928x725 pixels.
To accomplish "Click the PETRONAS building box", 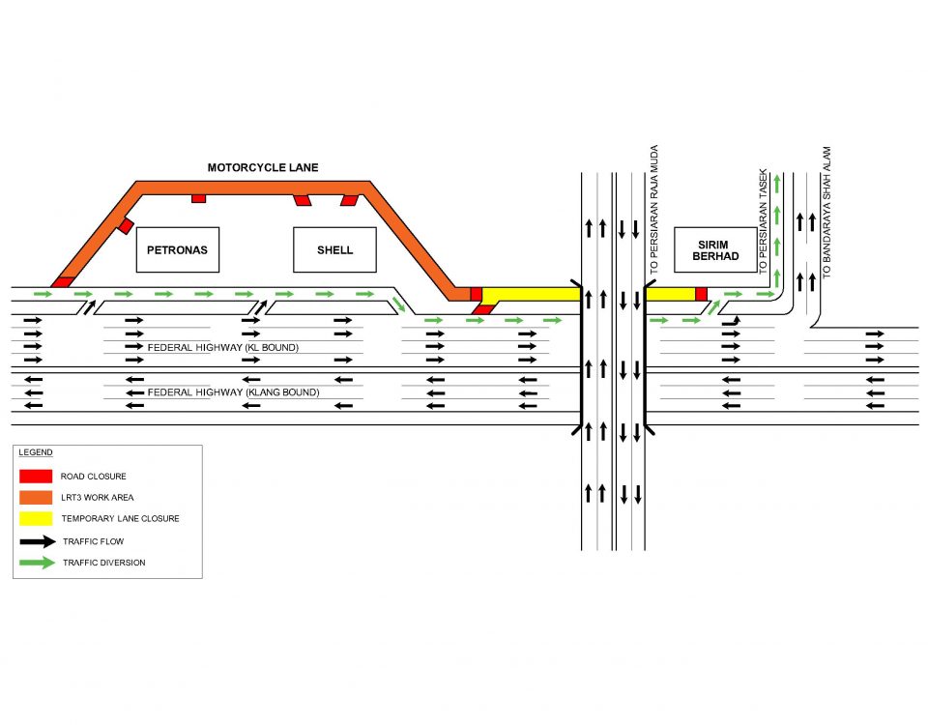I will (177, 249).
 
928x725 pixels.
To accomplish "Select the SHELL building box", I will (334, 249).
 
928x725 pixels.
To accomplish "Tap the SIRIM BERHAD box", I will (715, 250).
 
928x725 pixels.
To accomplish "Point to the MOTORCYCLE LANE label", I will (263, 168).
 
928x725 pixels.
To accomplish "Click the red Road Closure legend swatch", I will (36, 477).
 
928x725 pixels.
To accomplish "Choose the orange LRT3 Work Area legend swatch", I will (36, 498).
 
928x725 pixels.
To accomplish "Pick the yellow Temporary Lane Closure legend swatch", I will (36, 519).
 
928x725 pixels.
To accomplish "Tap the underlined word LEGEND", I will (36, 452).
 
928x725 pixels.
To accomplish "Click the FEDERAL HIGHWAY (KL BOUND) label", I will (222, 347).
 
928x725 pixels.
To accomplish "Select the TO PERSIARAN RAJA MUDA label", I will (654, 209).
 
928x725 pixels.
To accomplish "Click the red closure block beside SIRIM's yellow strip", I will (701, 294).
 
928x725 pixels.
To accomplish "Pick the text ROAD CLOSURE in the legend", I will (93, 477).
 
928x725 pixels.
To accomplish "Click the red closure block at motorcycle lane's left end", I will (63, 281).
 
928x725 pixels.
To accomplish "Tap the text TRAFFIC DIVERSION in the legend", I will (103, 563).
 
